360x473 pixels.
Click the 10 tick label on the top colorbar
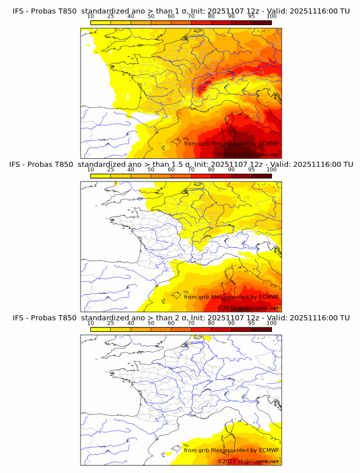pos(90,16)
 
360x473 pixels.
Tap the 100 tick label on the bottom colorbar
pos(271,323)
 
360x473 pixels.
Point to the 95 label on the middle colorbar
pos(251,170)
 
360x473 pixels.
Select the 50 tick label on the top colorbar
pos(151,16)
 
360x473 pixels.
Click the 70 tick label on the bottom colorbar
pos(191,323)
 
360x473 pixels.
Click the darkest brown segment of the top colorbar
pos(261,22)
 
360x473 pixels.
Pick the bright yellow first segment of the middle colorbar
pos(100,175)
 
